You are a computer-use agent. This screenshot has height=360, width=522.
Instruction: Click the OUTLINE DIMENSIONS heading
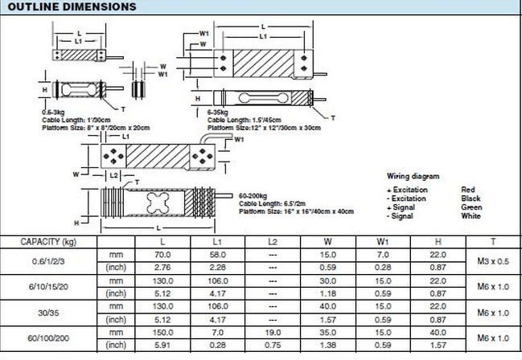[x=69, y=7]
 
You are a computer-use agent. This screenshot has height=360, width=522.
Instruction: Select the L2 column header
[x=273, y=241]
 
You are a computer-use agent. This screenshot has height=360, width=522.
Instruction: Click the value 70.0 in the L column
[x=162, y=254]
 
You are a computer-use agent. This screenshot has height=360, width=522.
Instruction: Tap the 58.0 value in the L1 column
[x=217, y=254]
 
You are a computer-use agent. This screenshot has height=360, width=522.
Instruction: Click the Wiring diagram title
[x=413, y=176]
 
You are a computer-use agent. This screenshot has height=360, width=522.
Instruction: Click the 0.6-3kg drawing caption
[x=54, y=113]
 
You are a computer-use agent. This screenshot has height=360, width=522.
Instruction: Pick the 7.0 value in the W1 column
[x=382, y=254]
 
